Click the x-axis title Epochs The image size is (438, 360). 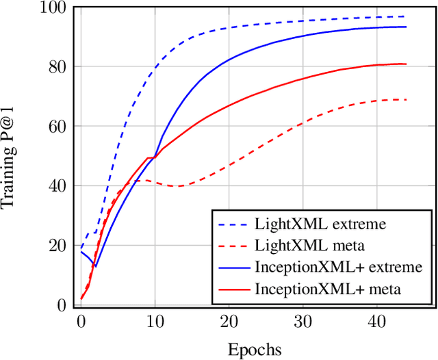(x=255, y=350)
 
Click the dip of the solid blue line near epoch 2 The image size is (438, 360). (x=96, y=266)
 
